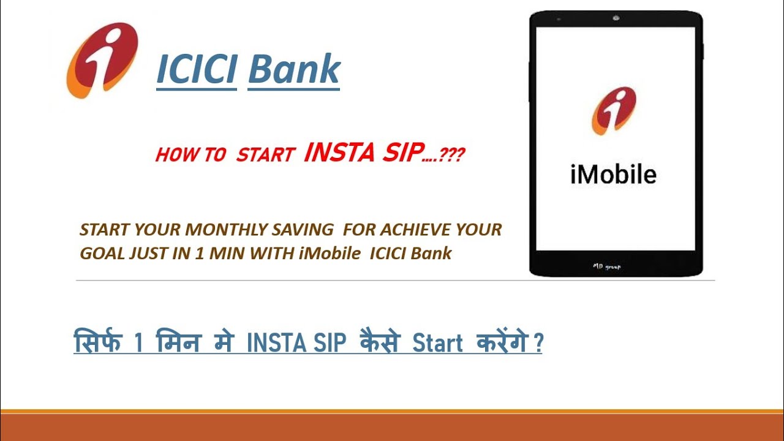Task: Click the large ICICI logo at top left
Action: [102, 60]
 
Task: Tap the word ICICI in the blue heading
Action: [197, 69]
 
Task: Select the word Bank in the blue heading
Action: [293, 69]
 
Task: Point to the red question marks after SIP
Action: [452, 156]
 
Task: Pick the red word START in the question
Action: [265, 155]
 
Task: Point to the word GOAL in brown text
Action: [102, 254]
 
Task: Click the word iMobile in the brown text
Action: [330, 254]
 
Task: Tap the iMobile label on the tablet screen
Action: [613, 175]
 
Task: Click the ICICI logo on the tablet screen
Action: [614, 111]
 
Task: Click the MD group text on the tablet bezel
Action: [606, 266]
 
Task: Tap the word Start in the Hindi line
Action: [437, 344]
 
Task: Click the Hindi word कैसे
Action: [375, 342]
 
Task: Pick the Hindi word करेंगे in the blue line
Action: [502, 342]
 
